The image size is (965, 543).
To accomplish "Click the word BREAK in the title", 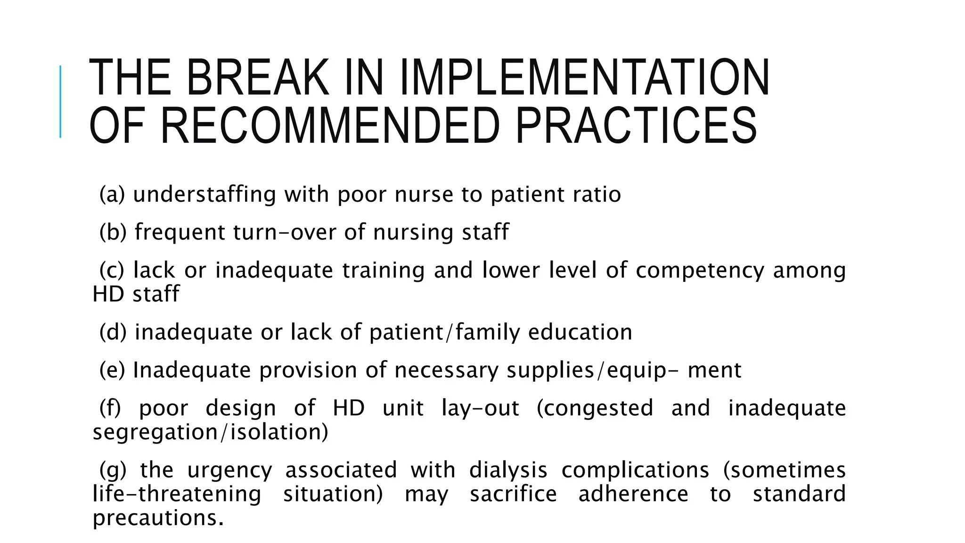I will [257, 78].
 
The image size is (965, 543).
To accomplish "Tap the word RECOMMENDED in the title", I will [330, 126].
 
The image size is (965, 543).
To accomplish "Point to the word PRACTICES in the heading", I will [636, 126].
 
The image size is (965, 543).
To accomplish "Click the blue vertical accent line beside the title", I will [60, 101].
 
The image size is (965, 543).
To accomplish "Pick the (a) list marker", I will [112, 195].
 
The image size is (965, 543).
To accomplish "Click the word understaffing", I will [204, 195].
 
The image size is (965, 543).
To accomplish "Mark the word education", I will [580, 332].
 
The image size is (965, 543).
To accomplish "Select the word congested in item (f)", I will [595, 408].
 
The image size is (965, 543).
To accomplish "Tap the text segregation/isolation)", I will [210, 432].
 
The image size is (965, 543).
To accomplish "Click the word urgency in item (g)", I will [229, 470].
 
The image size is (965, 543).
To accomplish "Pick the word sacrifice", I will [514, 494].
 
